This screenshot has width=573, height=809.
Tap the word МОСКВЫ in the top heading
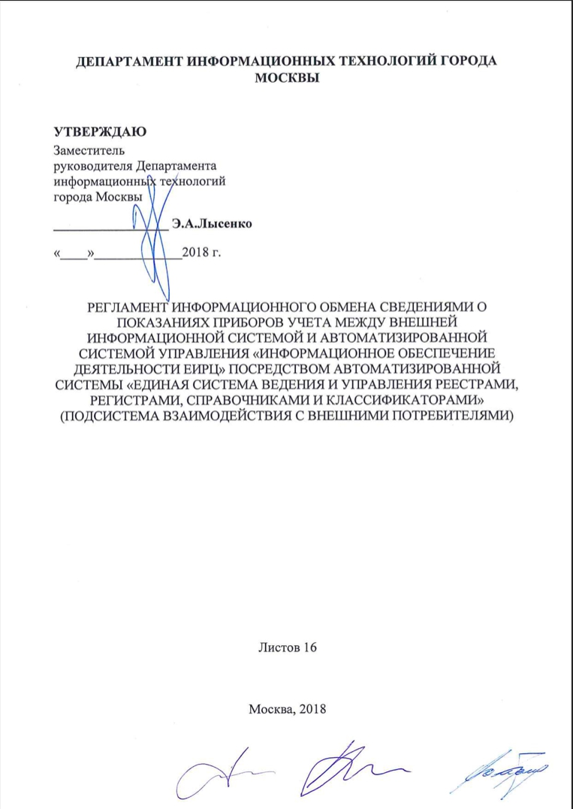pyautogui.click(x=286, y=78)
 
